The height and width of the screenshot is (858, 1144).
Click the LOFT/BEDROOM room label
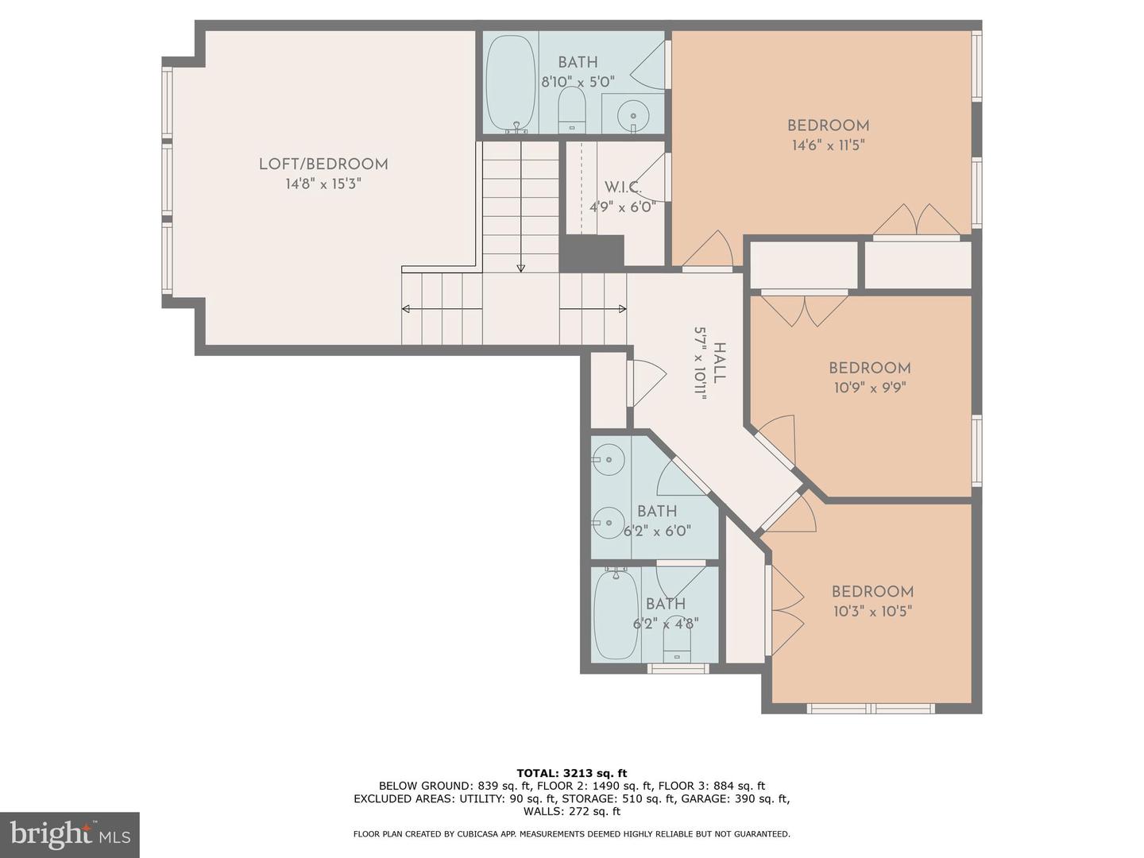click(x=323, y=164)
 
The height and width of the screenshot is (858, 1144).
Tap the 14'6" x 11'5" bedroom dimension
click(x=828, y=145)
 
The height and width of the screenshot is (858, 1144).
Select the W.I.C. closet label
click(x=622, y=187)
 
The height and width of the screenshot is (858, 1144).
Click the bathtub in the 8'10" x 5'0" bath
click(x=509, y=83)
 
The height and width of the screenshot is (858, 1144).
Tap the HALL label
click(x=719, y=363)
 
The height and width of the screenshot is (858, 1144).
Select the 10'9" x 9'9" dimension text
click(x=869, y=388)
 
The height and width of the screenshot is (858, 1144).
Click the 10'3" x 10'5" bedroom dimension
click(x=872, y=612)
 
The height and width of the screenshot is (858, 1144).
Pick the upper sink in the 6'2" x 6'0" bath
click(x=609, y=458)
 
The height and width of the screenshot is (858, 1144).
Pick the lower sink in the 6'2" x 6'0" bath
click(x=609, y=522)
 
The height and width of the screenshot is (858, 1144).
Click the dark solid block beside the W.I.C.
click(x=591, y=253)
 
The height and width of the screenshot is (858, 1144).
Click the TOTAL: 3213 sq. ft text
click(x=571, y=772)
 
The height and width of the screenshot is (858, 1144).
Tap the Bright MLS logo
click(x=70, y=834)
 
